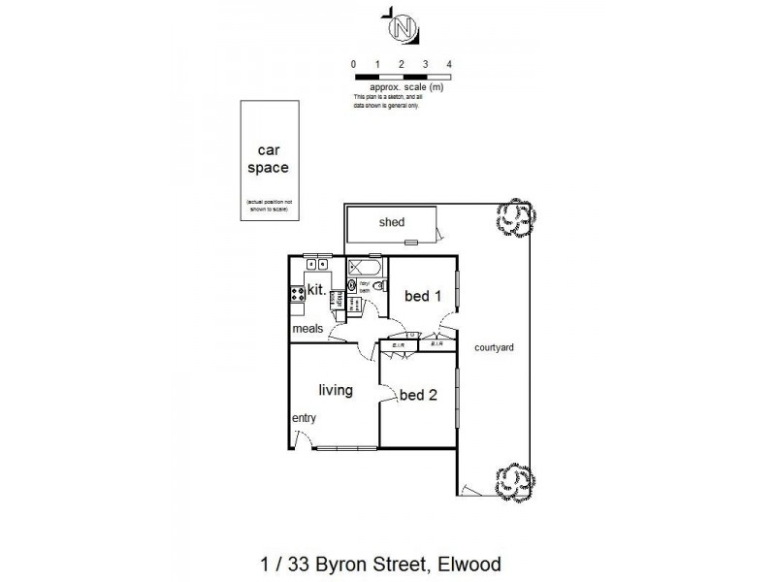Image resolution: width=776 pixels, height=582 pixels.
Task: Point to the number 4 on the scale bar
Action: (x=449, y=64)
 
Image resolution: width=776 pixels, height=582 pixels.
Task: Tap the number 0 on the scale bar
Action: (x=354, y=64)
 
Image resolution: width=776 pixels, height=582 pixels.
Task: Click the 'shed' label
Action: (x=391, y=222)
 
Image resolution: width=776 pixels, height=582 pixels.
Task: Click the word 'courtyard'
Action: (x=493, y=347)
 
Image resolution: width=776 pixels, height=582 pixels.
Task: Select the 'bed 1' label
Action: (x=423, y=296)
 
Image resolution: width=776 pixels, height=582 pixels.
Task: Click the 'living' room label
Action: (x=335, y=390)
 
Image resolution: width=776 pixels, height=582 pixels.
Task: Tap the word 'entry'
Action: (x=305, y=418)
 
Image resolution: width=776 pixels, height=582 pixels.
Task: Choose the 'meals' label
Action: (x=308, y=328)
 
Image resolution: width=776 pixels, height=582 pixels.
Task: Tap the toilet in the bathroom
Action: (x=382, y=286)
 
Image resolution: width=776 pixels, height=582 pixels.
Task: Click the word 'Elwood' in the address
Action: (x=469, y=564)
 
